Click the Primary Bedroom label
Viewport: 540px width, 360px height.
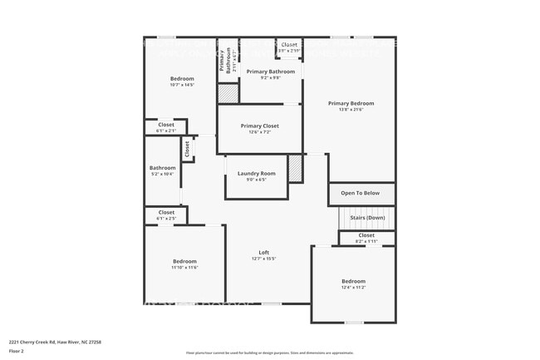pos(351,104)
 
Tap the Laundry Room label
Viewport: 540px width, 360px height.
pos(256,174)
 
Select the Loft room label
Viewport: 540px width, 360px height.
pos(263,253)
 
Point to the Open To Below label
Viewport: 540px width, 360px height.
pos(360,193)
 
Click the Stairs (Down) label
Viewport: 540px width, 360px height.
pos(366,217)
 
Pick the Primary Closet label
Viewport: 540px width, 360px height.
pos(259,126)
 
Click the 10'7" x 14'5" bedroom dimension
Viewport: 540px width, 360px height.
pos(181,85)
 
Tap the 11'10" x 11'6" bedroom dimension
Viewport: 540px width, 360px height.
pos(184,267)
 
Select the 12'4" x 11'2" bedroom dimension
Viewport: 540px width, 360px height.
pos(353,287)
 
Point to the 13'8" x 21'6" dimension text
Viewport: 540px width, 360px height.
pos(351,110)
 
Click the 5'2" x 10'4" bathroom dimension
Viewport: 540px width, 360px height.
pos(162,174)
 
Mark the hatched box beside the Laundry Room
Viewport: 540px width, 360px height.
pos(295,169)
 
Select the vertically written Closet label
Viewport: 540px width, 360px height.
pos(188,149)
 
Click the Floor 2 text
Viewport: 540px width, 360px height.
pos(17,352)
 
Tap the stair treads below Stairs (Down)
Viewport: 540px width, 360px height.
pos(366,224)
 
